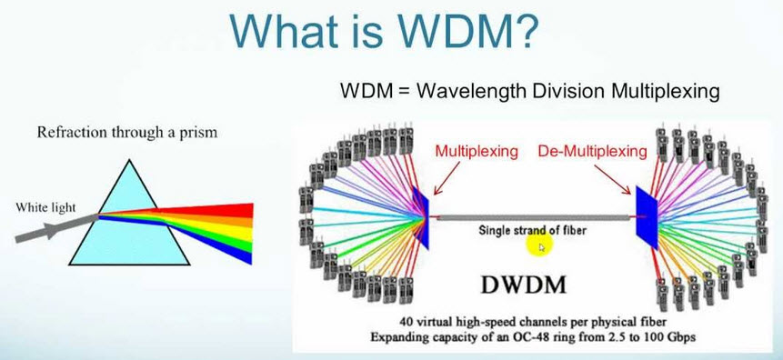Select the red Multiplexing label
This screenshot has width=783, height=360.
tap(477, 149)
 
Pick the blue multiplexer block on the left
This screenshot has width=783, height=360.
tap(421, 217)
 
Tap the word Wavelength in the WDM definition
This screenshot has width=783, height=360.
tap(463, 91)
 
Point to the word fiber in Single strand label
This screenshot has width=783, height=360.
tap(569, 230)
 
